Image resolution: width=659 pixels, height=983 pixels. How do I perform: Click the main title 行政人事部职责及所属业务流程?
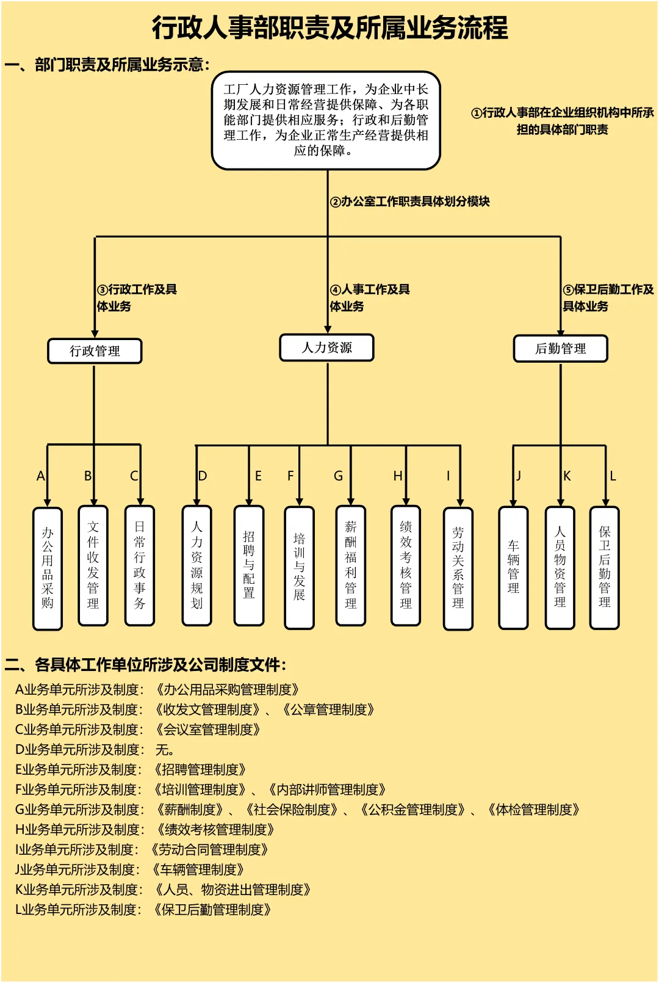(x=329, y=27)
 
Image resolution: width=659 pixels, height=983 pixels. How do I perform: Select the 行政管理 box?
(x=95, y=351)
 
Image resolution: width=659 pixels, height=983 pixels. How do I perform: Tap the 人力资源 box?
(x=326, y=348)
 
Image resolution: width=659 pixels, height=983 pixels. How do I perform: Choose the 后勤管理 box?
(x=560, y=349)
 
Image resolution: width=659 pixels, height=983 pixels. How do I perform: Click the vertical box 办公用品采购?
(x=48, y=568)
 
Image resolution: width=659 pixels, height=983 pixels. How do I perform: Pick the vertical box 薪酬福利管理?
(x=351, y=565)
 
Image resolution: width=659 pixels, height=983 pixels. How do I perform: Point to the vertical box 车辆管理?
(x=513, y=567)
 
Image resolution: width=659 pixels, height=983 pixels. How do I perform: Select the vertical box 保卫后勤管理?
(x=605, y=567)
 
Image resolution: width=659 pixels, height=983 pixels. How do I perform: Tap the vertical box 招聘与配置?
(x=249, y=565)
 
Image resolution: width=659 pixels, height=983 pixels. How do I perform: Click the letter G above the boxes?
(x=338, y=476)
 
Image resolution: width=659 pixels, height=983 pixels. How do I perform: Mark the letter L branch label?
(x=613, y=476)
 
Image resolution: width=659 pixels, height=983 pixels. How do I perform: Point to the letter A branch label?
(x=41, y=476)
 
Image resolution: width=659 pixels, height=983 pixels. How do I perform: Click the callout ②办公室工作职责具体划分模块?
(x=410, y=201)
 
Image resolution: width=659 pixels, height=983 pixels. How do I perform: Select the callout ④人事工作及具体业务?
(x=370, y=297)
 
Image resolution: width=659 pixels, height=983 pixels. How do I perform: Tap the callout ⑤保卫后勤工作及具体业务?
(x=608, y=297)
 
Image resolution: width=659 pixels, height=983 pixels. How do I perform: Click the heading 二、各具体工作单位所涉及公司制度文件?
(x=145, y=664)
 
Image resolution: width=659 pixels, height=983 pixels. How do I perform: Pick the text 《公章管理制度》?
(x=328, y=709)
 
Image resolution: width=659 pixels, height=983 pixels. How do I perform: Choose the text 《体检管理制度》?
(x=533, y=810)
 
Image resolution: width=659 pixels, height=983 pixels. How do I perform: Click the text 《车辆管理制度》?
(x=198, y=869)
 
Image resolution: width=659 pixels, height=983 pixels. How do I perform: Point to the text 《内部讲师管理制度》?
(x=327, y=789)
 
